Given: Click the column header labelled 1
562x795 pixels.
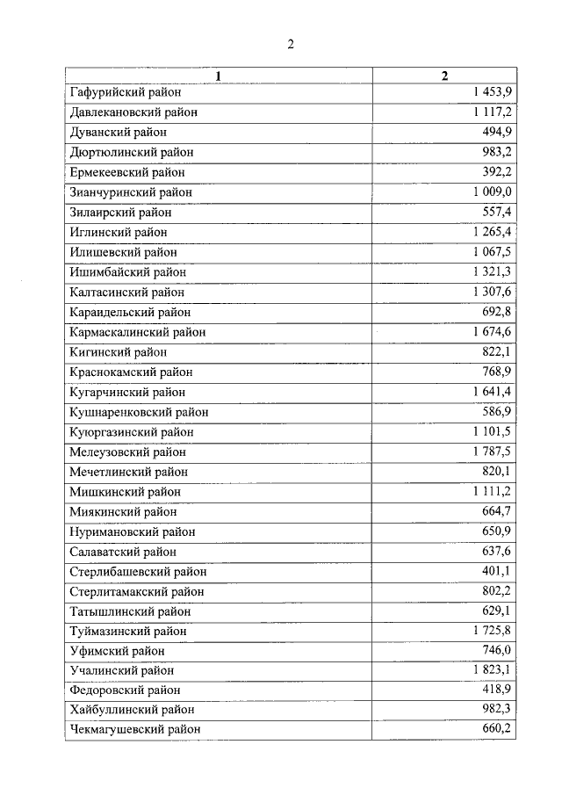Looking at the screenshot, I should coord(219,76).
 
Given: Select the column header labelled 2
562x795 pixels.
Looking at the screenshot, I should coord(444,76).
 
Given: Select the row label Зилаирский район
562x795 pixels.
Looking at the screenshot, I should coord(119,213).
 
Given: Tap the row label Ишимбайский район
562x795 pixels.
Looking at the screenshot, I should coord(126,272).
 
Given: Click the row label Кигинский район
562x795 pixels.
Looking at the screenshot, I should coord(117,352).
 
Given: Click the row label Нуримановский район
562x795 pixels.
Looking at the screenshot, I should coord(132,532).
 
